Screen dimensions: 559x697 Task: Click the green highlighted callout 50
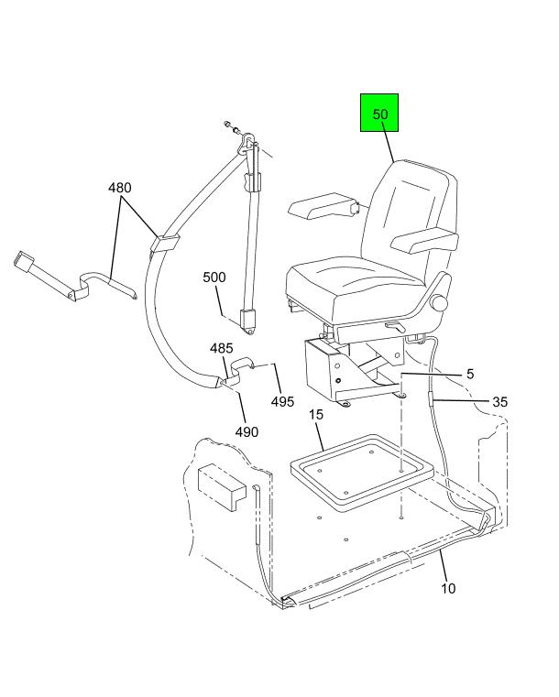click(x=378, y=113)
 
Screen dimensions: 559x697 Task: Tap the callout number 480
click(x=120, y=188)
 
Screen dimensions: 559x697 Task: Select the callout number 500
click(x=214, y=278)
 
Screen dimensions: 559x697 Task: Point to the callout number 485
click(x=222, y=348)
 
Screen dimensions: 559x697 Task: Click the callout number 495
click(x=283, y=402)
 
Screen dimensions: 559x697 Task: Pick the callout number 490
click(x=247, y=431)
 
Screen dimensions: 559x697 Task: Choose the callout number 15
click(x=316, y=415)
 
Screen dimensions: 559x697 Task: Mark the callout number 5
click(x=470, y=374)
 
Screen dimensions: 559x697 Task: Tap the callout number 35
click(x=499, y=402)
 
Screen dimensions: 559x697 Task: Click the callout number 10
click(x=448, y=589)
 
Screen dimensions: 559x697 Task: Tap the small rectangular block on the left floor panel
click(x=222, y=486)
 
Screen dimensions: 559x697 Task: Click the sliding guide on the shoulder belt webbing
click(x=165, y=243)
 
